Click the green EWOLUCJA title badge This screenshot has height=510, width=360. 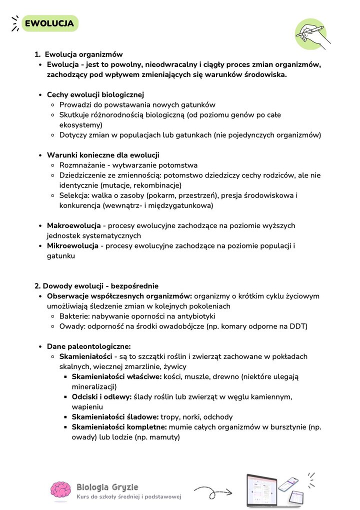click(49, 23)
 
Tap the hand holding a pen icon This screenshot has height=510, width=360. click(311, 34)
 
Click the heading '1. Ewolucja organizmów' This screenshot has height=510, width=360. click(79, 54)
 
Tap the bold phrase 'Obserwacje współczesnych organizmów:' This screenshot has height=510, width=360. click(119, 296)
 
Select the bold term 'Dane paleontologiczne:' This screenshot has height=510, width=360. click(88, 346)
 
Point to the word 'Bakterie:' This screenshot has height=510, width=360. click(75, 316)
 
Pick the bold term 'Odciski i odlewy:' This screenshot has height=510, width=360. click(101, 396)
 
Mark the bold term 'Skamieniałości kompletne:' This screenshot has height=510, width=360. click(119, 426)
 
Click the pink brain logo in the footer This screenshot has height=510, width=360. click(60, 491)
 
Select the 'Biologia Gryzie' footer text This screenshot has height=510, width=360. click(107, 487)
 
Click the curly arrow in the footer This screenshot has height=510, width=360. click(213, 491)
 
